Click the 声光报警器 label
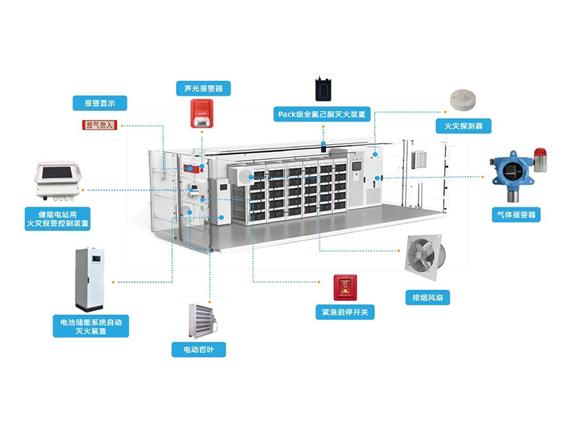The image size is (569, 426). point(203,89)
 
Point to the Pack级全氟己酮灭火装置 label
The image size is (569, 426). point(322,114)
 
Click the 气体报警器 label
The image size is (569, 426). point(516,214)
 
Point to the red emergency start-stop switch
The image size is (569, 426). point(345,287)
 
